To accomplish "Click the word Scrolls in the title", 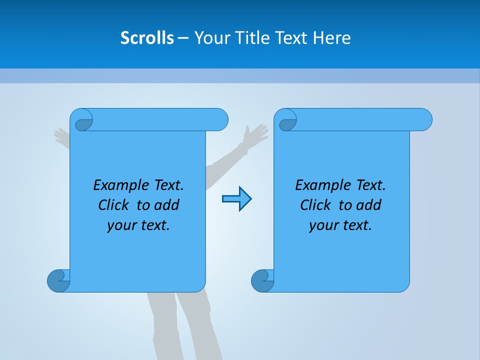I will pyautogui.click(x=147, y=38).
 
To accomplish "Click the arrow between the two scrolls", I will pyautogui.click(x=236, y=199).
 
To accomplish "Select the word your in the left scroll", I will pyautogui.click(x=121, y=225).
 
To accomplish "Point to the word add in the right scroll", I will pyautogui.click(x=369, y=205).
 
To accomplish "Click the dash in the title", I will pyautogui.click(x=183, y=38).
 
